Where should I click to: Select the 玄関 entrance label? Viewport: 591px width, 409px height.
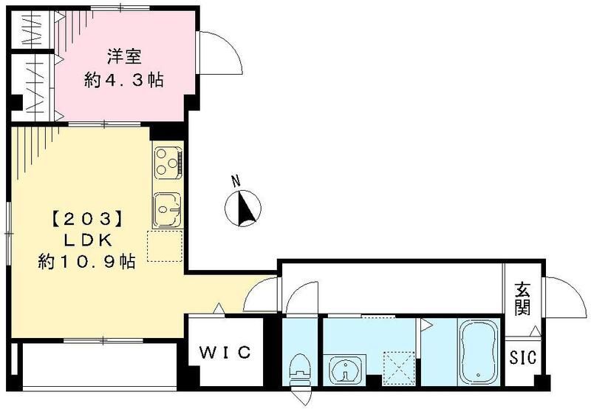(x=523, y=298)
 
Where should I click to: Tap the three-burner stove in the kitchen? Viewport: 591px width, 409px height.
(x=167, y=162)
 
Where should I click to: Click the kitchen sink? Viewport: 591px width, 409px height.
(x=166, y=210)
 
